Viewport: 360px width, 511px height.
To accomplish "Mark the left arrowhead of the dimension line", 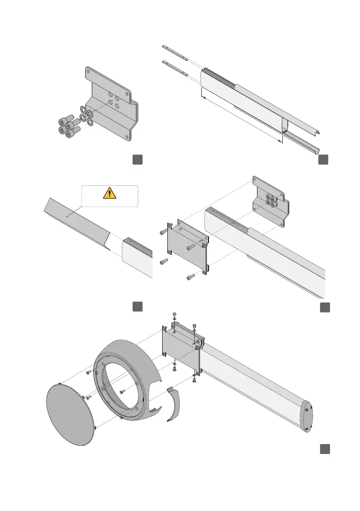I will coord(203,98).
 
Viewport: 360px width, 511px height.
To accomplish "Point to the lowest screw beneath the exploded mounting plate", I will coord(190,278).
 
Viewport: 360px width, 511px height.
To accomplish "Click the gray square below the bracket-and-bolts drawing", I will coord(137,160).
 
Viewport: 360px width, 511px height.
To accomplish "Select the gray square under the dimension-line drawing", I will coord(324,160).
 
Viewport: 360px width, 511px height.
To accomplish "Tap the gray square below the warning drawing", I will coord(137,306).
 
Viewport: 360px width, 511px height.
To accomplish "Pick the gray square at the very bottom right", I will coord(324,449).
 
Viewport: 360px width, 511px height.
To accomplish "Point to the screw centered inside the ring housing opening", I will coord(123,391).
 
